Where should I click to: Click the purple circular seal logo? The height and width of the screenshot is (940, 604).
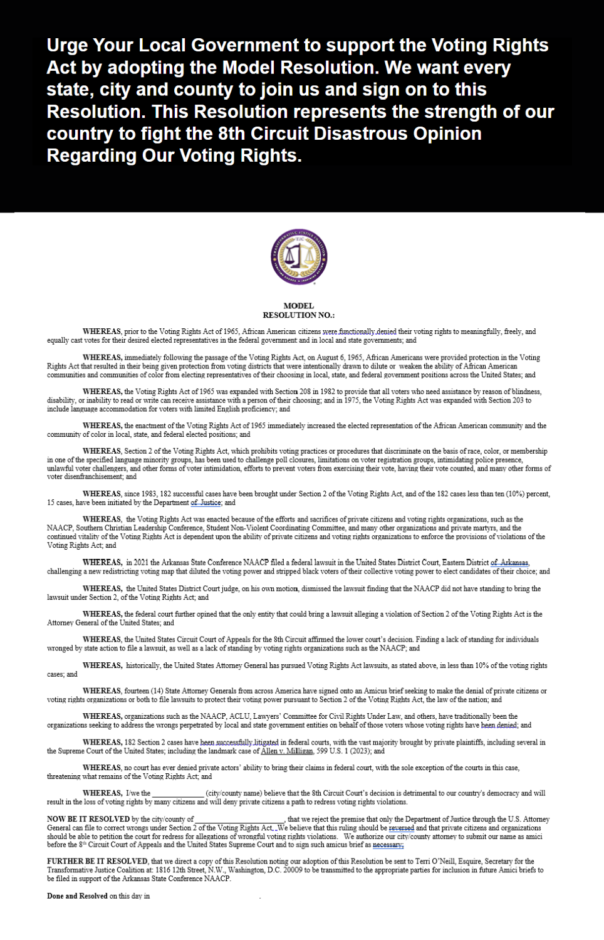(299, 256)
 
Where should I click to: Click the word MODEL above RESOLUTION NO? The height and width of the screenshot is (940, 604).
(298, 306)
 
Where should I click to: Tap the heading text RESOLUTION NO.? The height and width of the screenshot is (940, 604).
(298, 315)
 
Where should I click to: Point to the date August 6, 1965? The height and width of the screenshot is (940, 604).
(336, 358)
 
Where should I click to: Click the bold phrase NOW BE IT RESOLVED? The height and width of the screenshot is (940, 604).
(88, 819)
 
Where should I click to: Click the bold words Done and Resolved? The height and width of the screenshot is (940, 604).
(77, 896)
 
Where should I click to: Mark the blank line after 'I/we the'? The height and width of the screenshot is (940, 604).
(178, 793)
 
